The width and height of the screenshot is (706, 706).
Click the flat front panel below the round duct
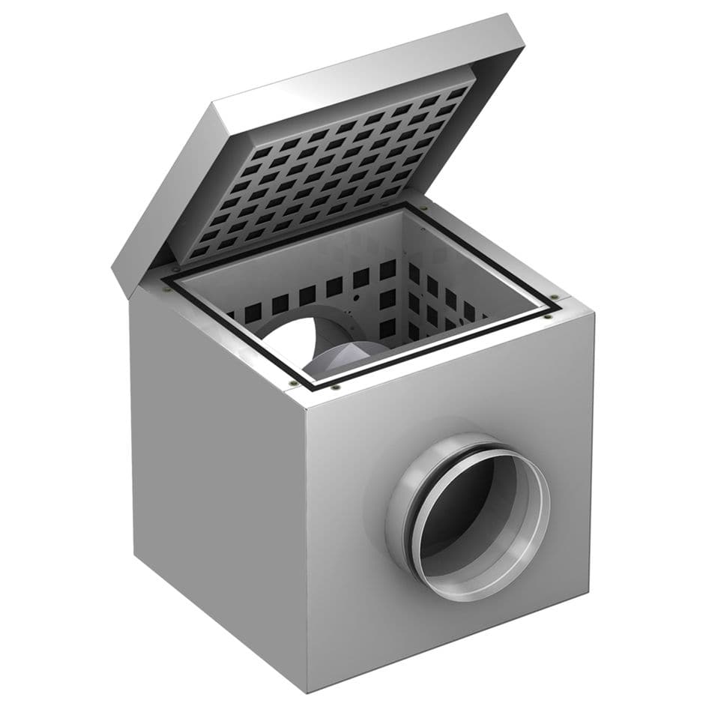coord(450,637)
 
